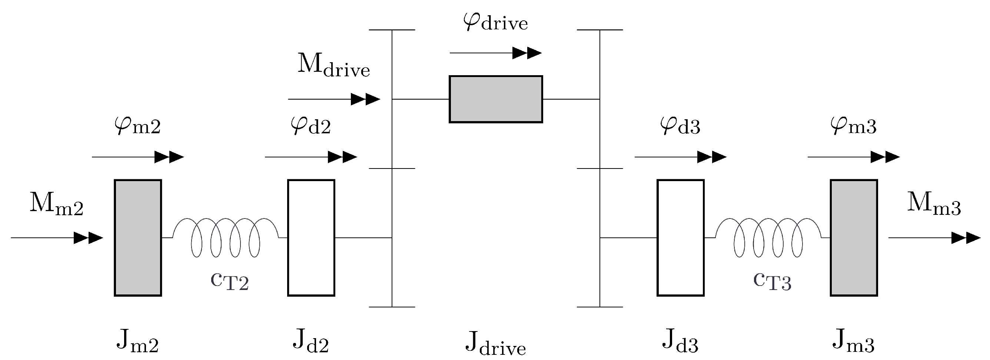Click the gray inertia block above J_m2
[x=137, y=237]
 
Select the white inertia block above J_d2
[x=311, y=237]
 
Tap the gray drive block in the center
[x=496, y=99]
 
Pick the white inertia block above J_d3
[x=680, y=237]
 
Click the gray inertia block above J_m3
[x=854, y=237]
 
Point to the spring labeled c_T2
[x=225, y=237]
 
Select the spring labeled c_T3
[x=768, y=237]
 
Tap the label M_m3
[x=934, y=204]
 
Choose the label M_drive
[x=333, y=65]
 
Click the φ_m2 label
[x=137, y=125]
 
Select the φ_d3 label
[x=680, y=125]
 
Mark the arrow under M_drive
[x=333, y=99]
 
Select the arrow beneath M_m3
[x=934, y=238]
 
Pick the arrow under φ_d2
[x=310, y=157]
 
